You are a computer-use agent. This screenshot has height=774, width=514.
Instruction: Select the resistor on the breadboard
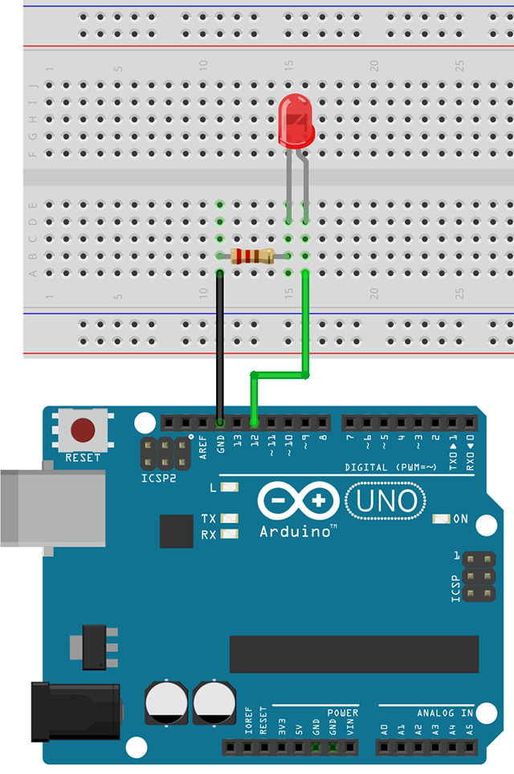[x=252, y=256]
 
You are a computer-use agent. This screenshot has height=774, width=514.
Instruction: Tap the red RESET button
[x=82, y=430]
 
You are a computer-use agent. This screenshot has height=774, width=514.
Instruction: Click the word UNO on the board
[x=386, y=501]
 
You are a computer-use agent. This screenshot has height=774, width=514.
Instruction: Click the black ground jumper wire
[x=218, y=345]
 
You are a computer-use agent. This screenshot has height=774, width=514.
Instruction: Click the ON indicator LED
[x=440, y=519]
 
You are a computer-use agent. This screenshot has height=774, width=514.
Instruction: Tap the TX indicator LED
[x=230, y=519]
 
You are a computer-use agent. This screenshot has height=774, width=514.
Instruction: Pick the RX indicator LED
[x=230, y=534]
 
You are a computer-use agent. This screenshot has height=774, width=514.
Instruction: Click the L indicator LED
[x=230, y=487]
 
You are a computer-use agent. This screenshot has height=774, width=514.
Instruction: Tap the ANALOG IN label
[x=445, y=712]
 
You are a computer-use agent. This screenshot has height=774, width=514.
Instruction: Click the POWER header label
[x=342, y=712]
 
